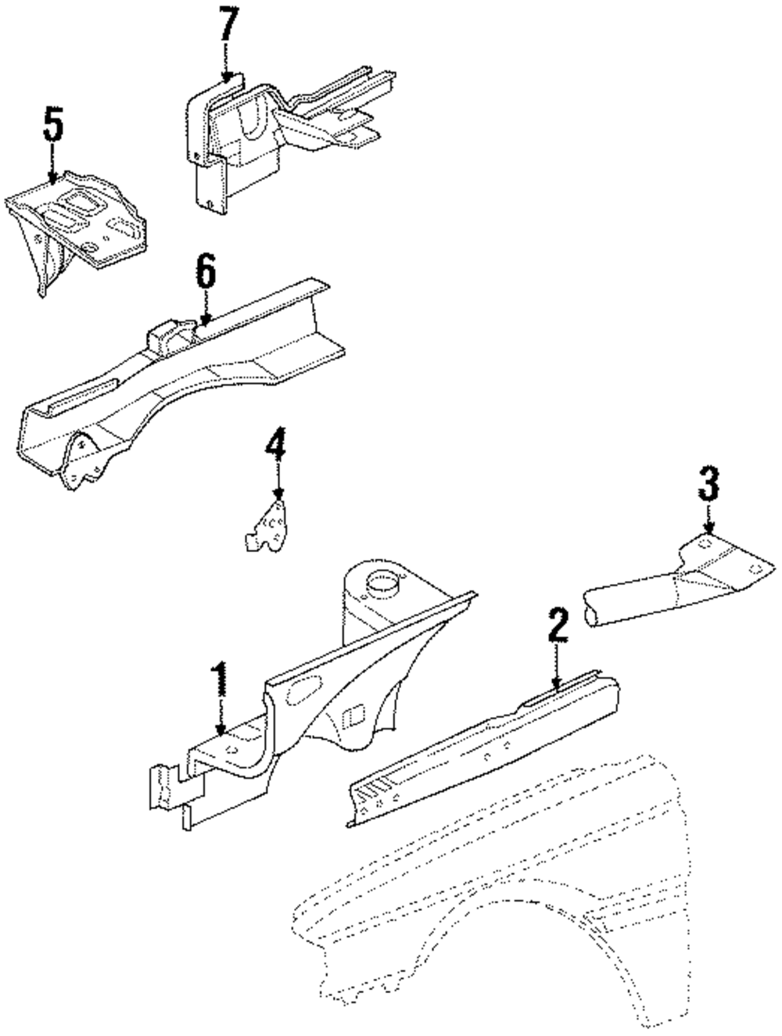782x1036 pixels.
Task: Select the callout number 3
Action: (708, 485)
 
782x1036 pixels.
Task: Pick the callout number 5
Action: (52, 125)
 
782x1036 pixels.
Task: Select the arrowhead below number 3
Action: (708, 531)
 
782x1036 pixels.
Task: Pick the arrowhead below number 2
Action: (557, 684)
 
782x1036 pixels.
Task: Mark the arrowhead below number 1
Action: (221, 733)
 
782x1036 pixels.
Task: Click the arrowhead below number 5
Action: (52, 179)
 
